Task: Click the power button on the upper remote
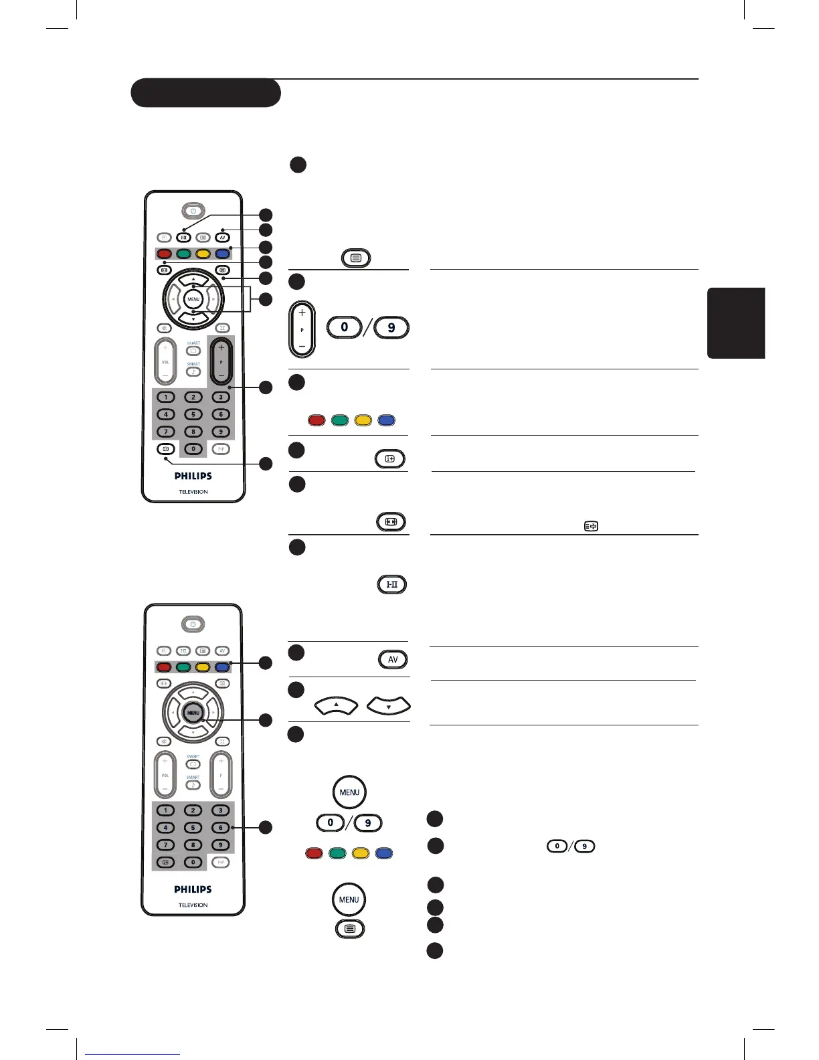point(193,211)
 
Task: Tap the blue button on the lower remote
point(222,667)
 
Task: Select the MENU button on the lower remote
point(193,713)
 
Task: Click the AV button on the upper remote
point(223,238)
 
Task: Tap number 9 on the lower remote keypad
point(220,845)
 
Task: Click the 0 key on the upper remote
point(193,449)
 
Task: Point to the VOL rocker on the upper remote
point(165,362)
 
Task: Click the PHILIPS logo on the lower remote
point(193,889)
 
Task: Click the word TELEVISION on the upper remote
point(193,492)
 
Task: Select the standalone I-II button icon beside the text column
point(392,584)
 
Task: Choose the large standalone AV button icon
point(393,659)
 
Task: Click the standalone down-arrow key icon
point(389,705)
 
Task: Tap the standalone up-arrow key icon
point(336,705)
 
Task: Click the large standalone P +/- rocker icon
point(302,329)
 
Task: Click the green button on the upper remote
point(184,254)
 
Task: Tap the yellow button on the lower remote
point(202,667)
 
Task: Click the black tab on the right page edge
point(736,323)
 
